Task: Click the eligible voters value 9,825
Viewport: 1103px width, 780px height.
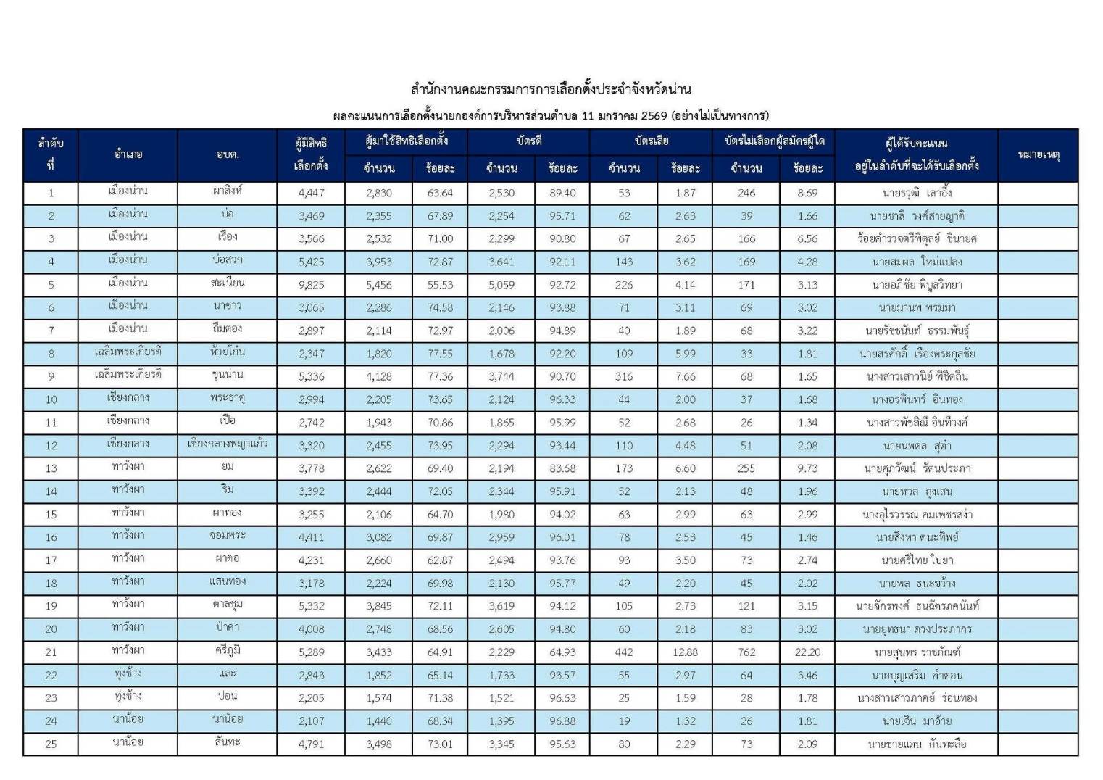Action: coord(311,285)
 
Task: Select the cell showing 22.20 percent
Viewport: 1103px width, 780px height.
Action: coord(807,652)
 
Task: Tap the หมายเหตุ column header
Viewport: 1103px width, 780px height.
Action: coord(1038,154)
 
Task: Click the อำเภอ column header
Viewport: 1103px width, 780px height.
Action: coord(128,154)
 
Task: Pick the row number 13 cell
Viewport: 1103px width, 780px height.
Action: coord(51,468)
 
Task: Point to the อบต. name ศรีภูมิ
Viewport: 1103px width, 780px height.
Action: coord(228,651)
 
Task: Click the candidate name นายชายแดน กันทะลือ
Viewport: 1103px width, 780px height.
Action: coord(917,744)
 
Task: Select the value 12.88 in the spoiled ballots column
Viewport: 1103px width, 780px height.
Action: coord(685,652)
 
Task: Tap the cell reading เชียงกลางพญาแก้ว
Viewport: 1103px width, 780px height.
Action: coord(228,444)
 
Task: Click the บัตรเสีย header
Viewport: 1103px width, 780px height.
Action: coord(651,141)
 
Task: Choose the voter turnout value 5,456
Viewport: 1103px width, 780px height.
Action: coord(379,285)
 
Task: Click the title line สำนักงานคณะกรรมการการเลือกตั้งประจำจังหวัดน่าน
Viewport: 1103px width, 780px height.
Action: coord(551,89)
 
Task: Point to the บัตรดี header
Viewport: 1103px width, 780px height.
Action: coord(528,141)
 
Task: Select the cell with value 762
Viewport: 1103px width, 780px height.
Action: coord(746,652)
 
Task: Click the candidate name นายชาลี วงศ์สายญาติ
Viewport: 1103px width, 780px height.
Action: coord(917,216)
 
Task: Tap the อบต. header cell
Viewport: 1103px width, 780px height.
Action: coord(228,154)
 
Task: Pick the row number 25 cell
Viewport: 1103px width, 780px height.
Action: coord(51,744)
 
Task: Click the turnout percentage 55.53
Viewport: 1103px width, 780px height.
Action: coord(440,285)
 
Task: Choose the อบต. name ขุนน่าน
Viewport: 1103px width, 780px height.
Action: coord(228,375)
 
